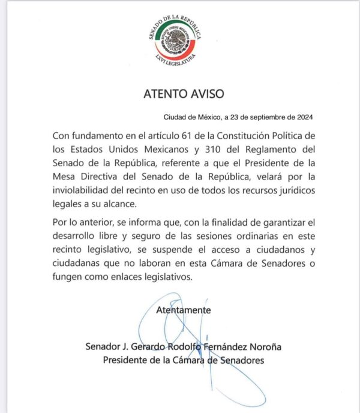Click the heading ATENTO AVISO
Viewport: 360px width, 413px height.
click(x=180, y=94)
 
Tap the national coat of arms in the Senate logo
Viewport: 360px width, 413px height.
click(x=177, y=41)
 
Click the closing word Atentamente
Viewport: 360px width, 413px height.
click(x=183, y=310)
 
